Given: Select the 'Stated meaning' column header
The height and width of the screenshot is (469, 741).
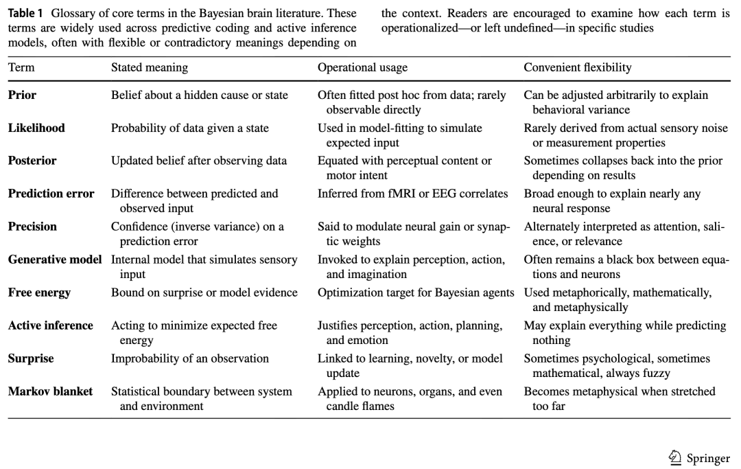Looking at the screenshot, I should coord(149,67).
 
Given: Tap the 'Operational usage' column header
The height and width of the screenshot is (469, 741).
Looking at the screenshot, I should coord(362,67).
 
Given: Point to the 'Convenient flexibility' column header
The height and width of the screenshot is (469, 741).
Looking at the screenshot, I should coord(578,67).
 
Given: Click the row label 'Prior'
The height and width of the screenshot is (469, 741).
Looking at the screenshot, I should coord(22,95).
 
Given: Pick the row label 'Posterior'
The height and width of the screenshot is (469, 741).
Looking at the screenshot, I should coord(32,161).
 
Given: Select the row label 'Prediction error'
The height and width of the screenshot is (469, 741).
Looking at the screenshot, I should coord(51,194).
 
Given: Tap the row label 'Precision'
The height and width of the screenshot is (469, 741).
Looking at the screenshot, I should coord(32,227).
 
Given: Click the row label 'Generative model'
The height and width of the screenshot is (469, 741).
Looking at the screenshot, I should coord(55,260).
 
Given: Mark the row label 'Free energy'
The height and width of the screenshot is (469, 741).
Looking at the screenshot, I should coord(39,293).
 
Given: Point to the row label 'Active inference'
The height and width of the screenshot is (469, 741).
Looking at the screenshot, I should coord(50,325).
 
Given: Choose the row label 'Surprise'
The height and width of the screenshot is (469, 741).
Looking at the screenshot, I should coord(31,358).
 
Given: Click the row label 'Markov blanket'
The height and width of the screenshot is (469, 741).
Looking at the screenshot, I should coord(50,391).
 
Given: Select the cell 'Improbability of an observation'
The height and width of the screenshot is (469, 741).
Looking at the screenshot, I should coord(190,358).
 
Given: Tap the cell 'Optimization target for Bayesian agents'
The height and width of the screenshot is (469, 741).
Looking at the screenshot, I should coord(416,293).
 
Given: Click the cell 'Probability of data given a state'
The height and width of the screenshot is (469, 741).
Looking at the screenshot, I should coord(190,128).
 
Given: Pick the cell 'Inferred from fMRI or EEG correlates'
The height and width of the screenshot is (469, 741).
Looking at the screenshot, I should coord(412,194).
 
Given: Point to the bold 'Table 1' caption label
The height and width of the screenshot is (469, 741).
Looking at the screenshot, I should coord(27,14).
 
